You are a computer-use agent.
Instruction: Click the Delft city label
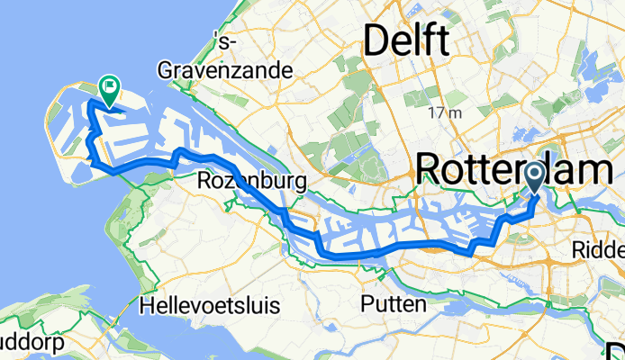pos(405,40)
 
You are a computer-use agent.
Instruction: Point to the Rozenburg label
pos(251,183)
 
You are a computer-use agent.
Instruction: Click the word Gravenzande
pos(226,69)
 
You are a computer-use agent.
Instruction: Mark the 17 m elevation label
pos(445,113)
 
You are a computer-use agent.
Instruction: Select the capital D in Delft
pos(377,40)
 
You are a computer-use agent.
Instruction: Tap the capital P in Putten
pos(366,305)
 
